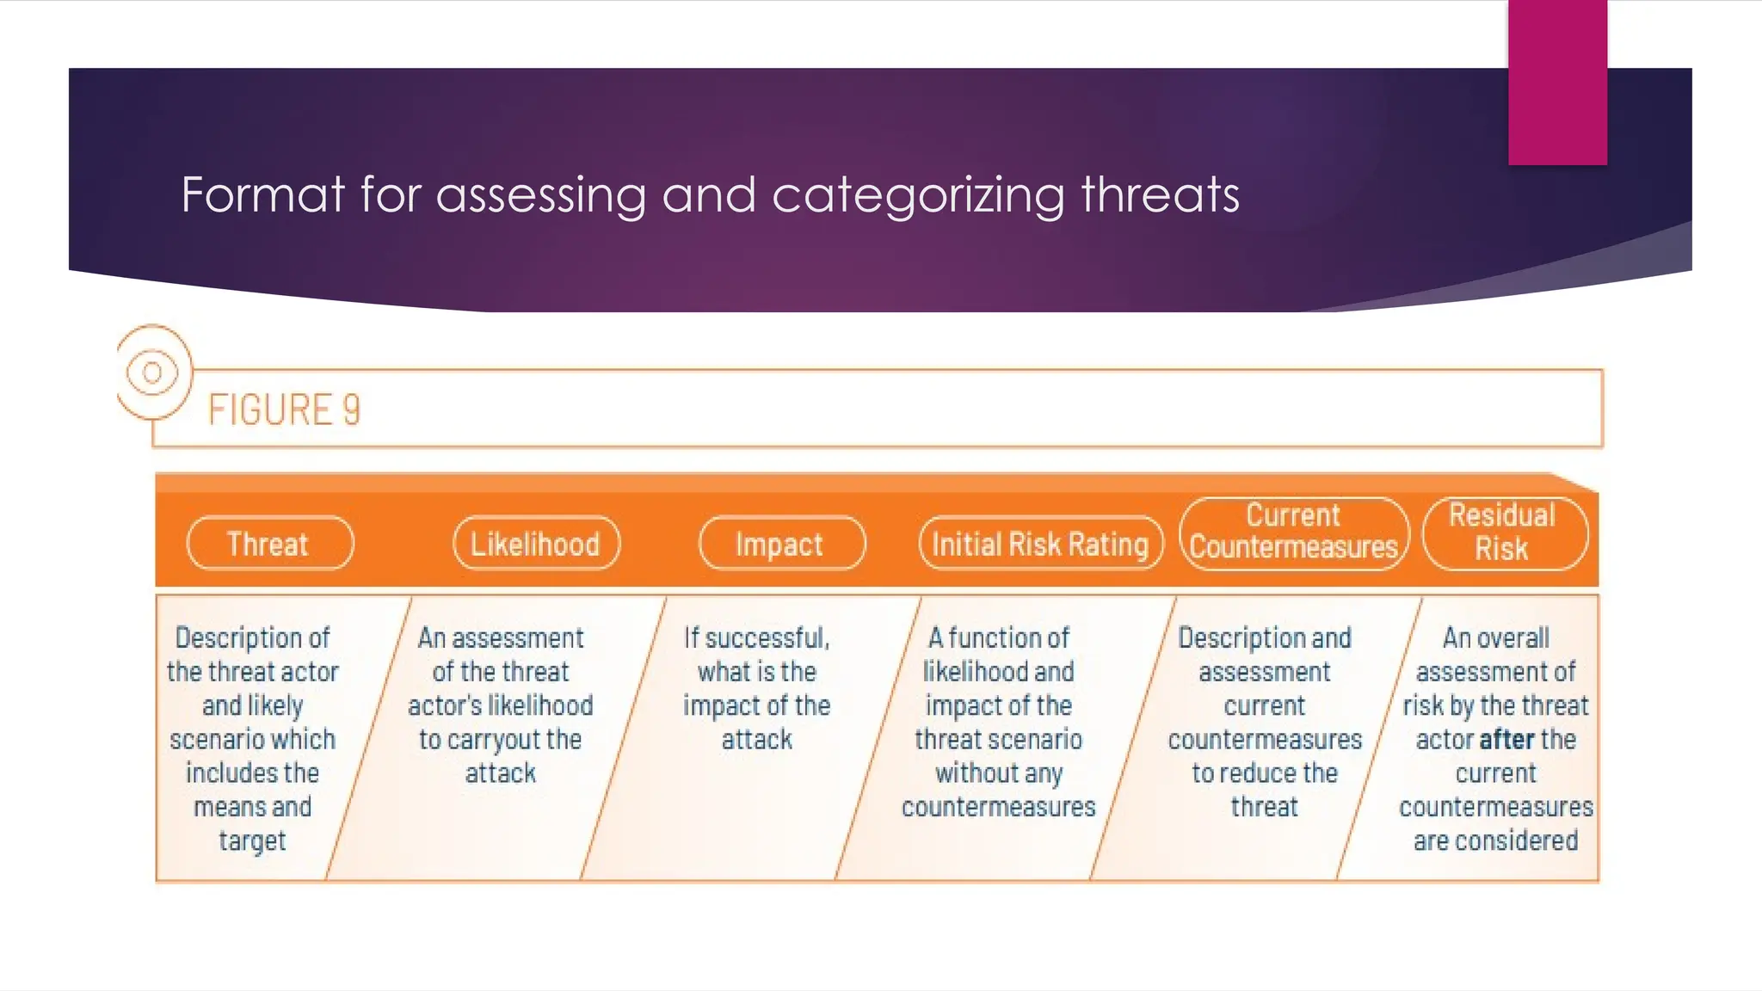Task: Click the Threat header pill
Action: [x=270, y=543]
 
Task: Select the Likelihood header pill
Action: [x=536, y=543]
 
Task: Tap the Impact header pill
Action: [x=782, y=543]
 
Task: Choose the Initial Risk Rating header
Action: [x=1041, y=543]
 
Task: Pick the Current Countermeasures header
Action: [x=1294, y=532]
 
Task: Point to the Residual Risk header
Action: [x=1505, y=532]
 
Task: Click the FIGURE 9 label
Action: [x=284, y=409]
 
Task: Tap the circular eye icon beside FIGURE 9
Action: [x=153, y=372]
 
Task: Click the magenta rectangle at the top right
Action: [x=1557, y=83]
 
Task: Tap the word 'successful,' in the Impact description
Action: [x=767, y=638]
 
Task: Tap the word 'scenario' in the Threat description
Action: [x=209, y=740]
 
